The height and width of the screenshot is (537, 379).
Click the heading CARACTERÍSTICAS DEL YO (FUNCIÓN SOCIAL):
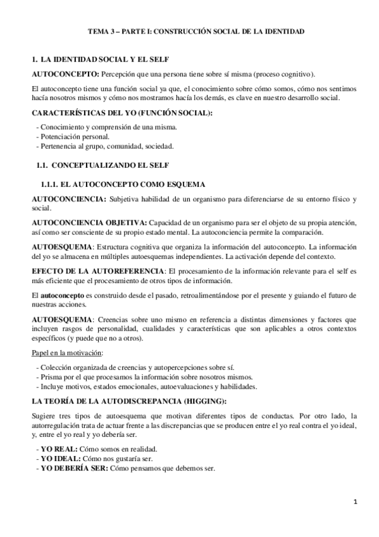click(x=122, y=113)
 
